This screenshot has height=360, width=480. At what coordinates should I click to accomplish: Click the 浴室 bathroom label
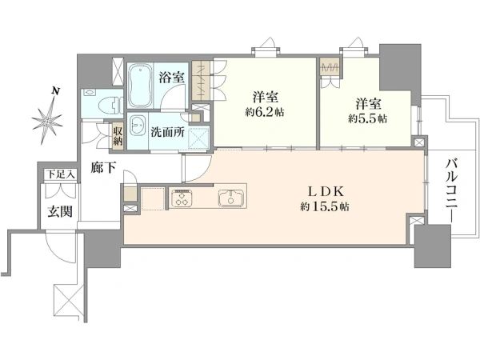(172, 77)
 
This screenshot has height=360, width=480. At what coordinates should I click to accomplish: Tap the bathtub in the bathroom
(140, 86)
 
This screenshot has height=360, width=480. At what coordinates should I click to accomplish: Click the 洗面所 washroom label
(167, 132)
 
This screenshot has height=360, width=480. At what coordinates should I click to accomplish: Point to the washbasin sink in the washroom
(138, 128)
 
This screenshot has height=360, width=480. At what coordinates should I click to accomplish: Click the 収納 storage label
(118, 136)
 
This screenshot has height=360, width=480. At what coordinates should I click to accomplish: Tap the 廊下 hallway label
(103, 167)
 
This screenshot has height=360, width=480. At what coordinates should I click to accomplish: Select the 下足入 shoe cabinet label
(60, 174)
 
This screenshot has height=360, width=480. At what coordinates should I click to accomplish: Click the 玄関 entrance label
(60, 211)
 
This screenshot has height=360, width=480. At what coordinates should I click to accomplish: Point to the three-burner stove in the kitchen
(182, 198)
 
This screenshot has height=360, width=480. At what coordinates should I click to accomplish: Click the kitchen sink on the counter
(231, 198)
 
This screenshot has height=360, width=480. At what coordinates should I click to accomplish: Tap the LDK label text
(326, 192)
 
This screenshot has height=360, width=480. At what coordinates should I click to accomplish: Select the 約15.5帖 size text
(325, 207)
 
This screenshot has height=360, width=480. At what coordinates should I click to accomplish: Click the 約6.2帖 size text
(265, 112)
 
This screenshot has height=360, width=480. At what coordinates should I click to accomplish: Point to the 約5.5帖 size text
(367, 118)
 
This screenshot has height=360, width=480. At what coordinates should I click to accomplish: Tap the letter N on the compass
(55, 90)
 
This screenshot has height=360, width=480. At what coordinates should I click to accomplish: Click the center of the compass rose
(47, 121)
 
